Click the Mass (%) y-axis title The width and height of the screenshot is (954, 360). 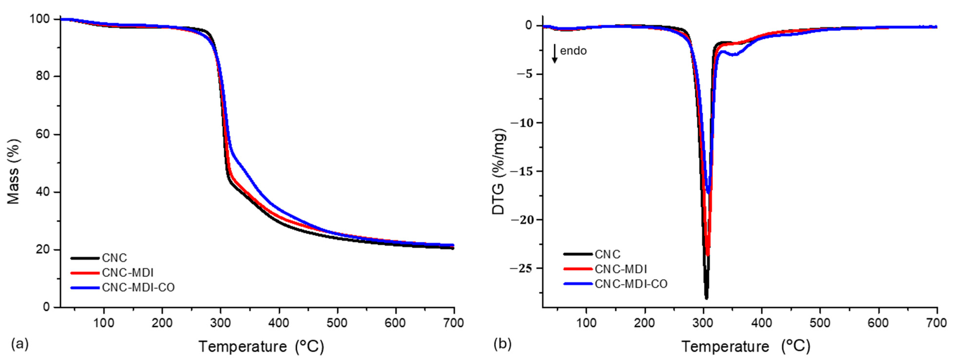(x=13, y=171)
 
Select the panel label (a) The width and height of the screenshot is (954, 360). (x=20, y=344)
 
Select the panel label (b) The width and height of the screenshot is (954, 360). (x=502, y=344)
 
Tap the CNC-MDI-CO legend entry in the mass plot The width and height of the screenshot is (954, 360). (x=138, y=287)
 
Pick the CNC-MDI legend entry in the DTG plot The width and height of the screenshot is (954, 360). (x=621, y=269)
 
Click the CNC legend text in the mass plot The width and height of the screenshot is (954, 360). (x=115, y=258)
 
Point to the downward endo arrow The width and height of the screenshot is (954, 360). (x=554, y=54)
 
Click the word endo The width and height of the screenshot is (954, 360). (x=573, y=51)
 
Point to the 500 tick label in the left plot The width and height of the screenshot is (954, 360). (x=337, y=323)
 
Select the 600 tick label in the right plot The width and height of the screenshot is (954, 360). (x=878, y=323)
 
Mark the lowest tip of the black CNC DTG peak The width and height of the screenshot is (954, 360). (x=706, y=298)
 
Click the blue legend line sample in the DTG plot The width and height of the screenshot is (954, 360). (x=578, y=284)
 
